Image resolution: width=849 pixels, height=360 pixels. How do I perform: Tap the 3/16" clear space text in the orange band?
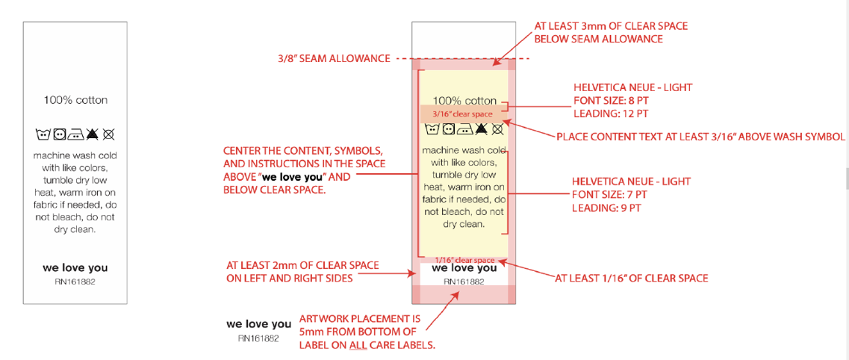point(462,114)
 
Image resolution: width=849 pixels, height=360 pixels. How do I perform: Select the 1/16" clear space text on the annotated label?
point(464,260)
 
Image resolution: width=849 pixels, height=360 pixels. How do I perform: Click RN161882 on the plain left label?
point(75,282)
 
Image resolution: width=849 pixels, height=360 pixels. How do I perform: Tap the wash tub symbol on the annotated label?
point(432,129)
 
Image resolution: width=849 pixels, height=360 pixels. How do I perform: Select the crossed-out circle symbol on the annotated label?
point(497,129)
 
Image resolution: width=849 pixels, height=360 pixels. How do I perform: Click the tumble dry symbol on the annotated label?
point(448,129)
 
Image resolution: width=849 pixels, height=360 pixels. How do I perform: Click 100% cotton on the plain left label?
point(75,100)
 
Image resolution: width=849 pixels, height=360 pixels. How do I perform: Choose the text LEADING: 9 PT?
point(606,208)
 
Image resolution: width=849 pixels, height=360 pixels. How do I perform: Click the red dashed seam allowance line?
point(462,58)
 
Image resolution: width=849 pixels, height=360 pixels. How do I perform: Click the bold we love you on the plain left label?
point(75,268)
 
